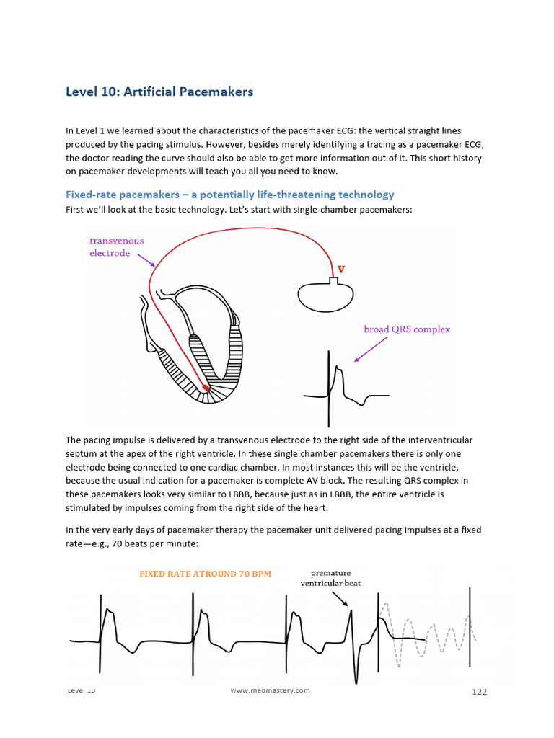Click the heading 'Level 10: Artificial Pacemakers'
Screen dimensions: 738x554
159,92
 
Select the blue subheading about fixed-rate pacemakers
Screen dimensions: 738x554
229,195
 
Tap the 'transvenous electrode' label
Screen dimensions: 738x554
116,247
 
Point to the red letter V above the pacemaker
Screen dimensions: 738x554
341,270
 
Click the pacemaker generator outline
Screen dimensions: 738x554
325,293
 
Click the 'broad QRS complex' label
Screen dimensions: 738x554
407,329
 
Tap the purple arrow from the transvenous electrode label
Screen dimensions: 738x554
146,259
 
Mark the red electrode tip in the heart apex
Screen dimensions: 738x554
206,389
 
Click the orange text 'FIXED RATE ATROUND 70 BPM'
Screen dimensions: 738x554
205,574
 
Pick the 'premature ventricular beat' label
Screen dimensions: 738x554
330,578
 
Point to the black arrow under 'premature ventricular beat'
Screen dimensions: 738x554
338,598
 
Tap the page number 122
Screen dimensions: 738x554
479,692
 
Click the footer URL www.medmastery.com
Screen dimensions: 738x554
270,690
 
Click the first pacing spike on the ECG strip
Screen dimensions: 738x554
100,631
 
